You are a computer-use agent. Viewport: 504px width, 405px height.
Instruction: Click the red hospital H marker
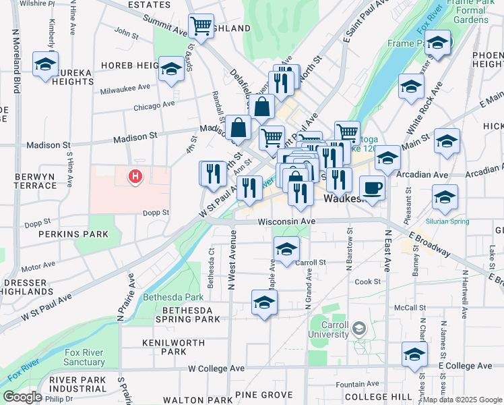(135, 177)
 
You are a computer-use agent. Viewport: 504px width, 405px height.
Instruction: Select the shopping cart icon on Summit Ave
(201, 27)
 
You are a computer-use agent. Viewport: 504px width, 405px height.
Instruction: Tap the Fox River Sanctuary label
(84, 357)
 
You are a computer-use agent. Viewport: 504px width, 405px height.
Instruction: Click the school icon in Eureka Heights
(46, 65)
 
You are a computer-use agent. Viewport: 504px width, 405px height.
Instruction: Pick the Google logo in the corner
(22, 397)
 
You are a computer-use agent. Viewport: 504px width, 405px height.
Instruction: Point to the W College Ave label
(216, 369)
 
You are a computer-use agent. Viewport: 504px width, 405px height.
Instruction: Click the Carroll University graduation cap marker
(359, 329)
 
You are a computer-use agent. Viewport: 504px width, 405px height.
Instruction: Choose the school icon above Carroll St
(286, 248)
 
